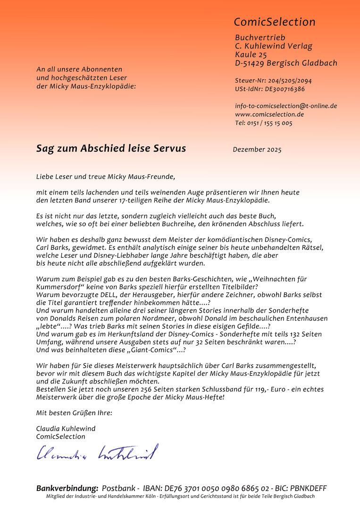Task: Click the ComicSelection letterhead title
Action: coord(275,22)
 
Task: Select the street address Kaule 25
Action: coord(251,55)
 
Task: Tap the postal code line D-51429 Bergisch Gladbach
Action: coord(286,63)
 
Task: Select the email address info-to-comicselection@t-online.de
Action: coord(286,106)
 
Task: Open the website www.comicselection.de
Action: coord(269,114)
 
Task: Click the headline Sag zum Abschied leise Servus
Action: coord(111,148)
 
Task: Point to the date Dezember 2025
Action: coord(257,150)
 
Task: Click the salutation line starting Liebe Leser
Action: coord(105,177)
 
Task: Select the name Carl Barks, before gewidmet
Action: coord(53,247)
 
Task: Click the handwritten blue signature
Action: coord(97,453)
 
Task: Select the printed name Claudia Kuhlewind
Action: coord(66,429)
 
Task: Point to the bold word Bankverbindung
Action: coord(67,488)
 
